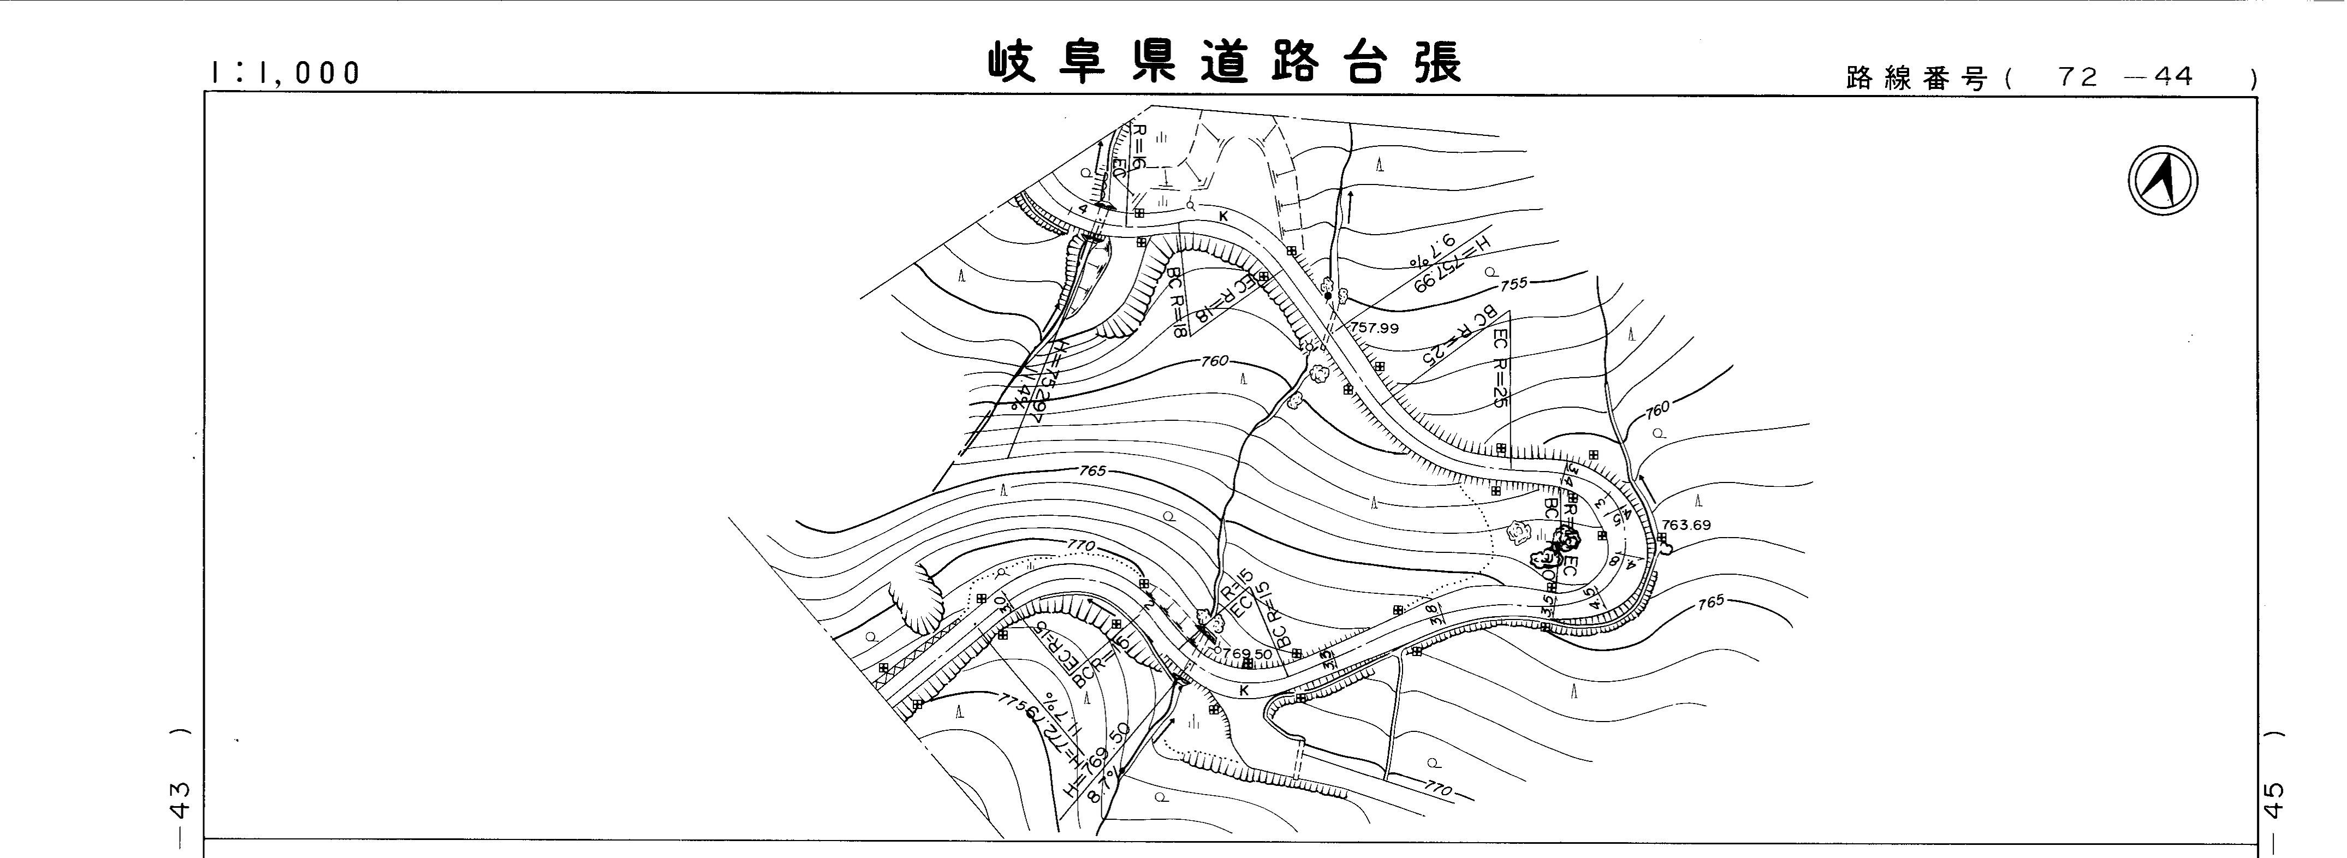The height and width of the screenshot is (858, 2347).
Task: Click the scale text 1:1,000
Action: tap(285, 73)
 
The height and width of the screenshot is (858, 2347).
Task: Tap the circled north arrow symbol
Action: tap(2163, 181)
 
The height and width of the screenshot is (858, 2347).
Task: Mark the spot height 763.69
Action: tap(1685, 525)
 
